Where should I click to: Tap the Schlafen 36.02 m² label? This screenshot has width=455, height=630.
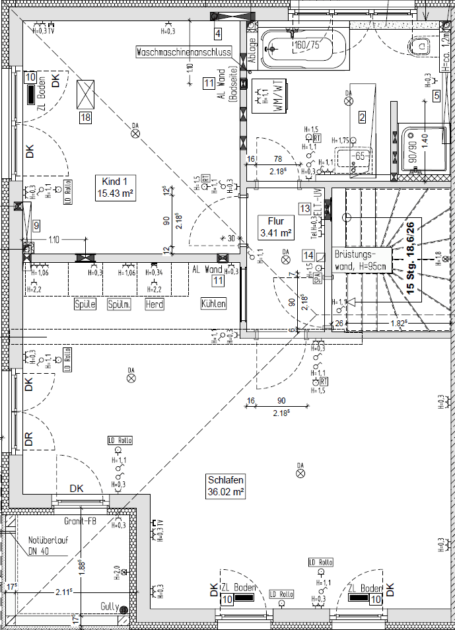(226, 486)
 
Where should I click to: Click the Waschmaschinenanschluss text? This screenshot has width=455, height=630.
(184, 52)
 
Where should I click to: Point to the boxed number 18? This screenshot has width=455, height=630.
(85, 118)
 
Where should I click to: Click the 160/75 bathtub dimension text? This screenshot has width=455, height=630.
(306, 45)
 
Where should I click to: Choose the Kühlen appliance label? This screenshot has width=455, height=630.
(214, 304)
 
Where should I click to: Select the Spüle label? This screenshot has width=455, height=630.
(85, 304)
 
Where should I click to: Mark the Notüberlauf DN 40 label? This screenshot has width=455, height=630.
(40, 545)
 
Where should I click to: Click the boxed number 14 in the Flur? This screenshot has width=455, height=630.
(307, 255)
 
